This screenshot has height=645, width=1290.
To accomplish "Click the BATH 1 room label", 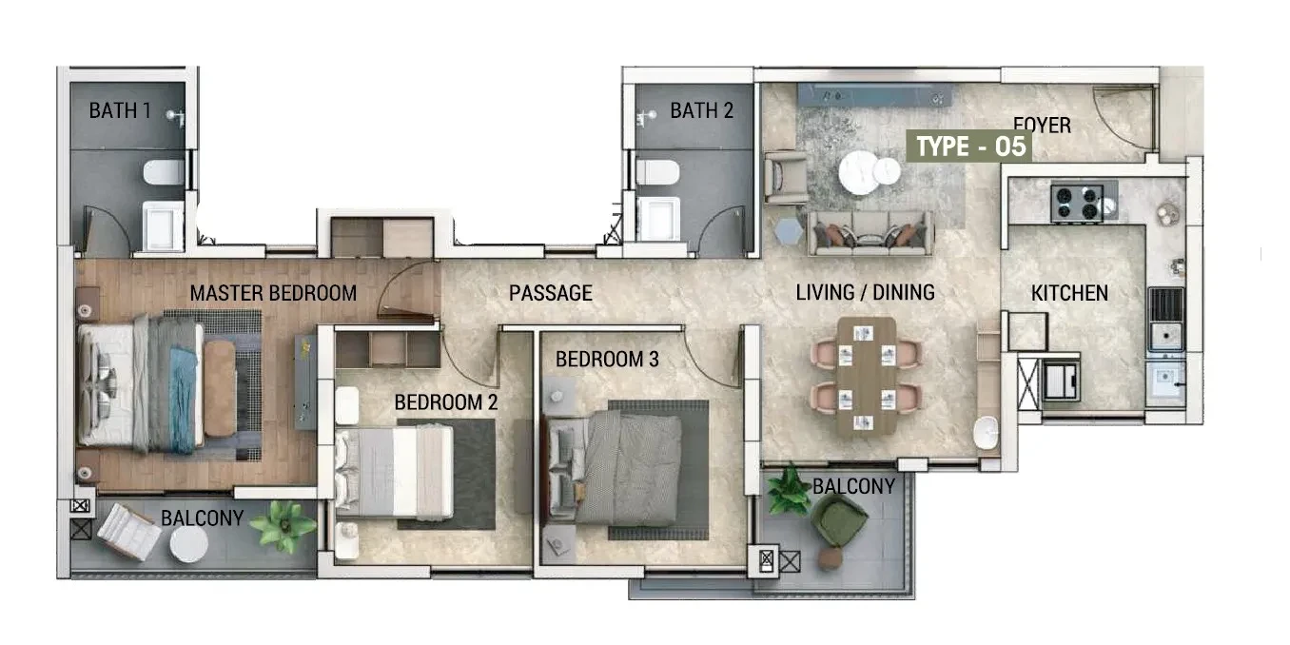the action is pyautogui.click(x=120, y=110).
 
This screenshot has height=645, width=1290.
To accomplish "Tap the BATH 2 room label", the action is pyautogui.click(x=701, y=110).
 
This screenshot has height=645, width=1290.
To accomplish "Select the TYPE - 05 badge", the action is pyautogui.click(x=970, y=147).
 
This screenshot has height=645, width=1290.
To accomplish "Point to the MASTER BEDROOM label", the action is pyautogui.click(x=273, y=293).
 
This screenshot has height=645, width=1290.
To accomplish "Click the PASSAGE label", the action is pyautogui.click(x=550, y=293).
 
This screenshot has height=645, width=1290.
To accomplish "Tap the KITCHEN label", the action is pyautogui.click(x=1069, y=293).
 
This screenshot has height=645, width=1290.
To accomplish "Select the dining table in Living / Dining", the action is pyautogui.click(x=866, y=376).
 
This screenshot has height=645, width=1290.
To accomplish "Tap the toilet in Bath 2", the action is pyautogui.click(x=658, y=172).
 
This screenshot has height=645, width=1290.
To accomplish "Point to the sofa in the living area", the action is pyautogui.click(x=870, y=233).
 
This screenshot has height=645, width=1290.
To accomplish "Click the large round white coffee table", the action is pyautogui.click(x=859, y=171).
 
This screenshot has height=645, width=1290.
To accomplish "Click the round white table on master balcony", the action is pyautogui.click(x=189, y=544).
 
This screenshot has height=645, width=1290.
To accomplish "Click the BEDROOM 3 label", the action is pyautogui.click(x=607, y=360).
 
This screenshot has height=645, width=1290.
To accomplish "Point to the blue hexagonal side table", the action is pyautogui.click(x=789, y=231).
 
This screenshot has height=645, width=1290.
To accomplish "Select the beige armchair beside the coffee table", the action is pyautogui.click(x=785, y=177).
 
